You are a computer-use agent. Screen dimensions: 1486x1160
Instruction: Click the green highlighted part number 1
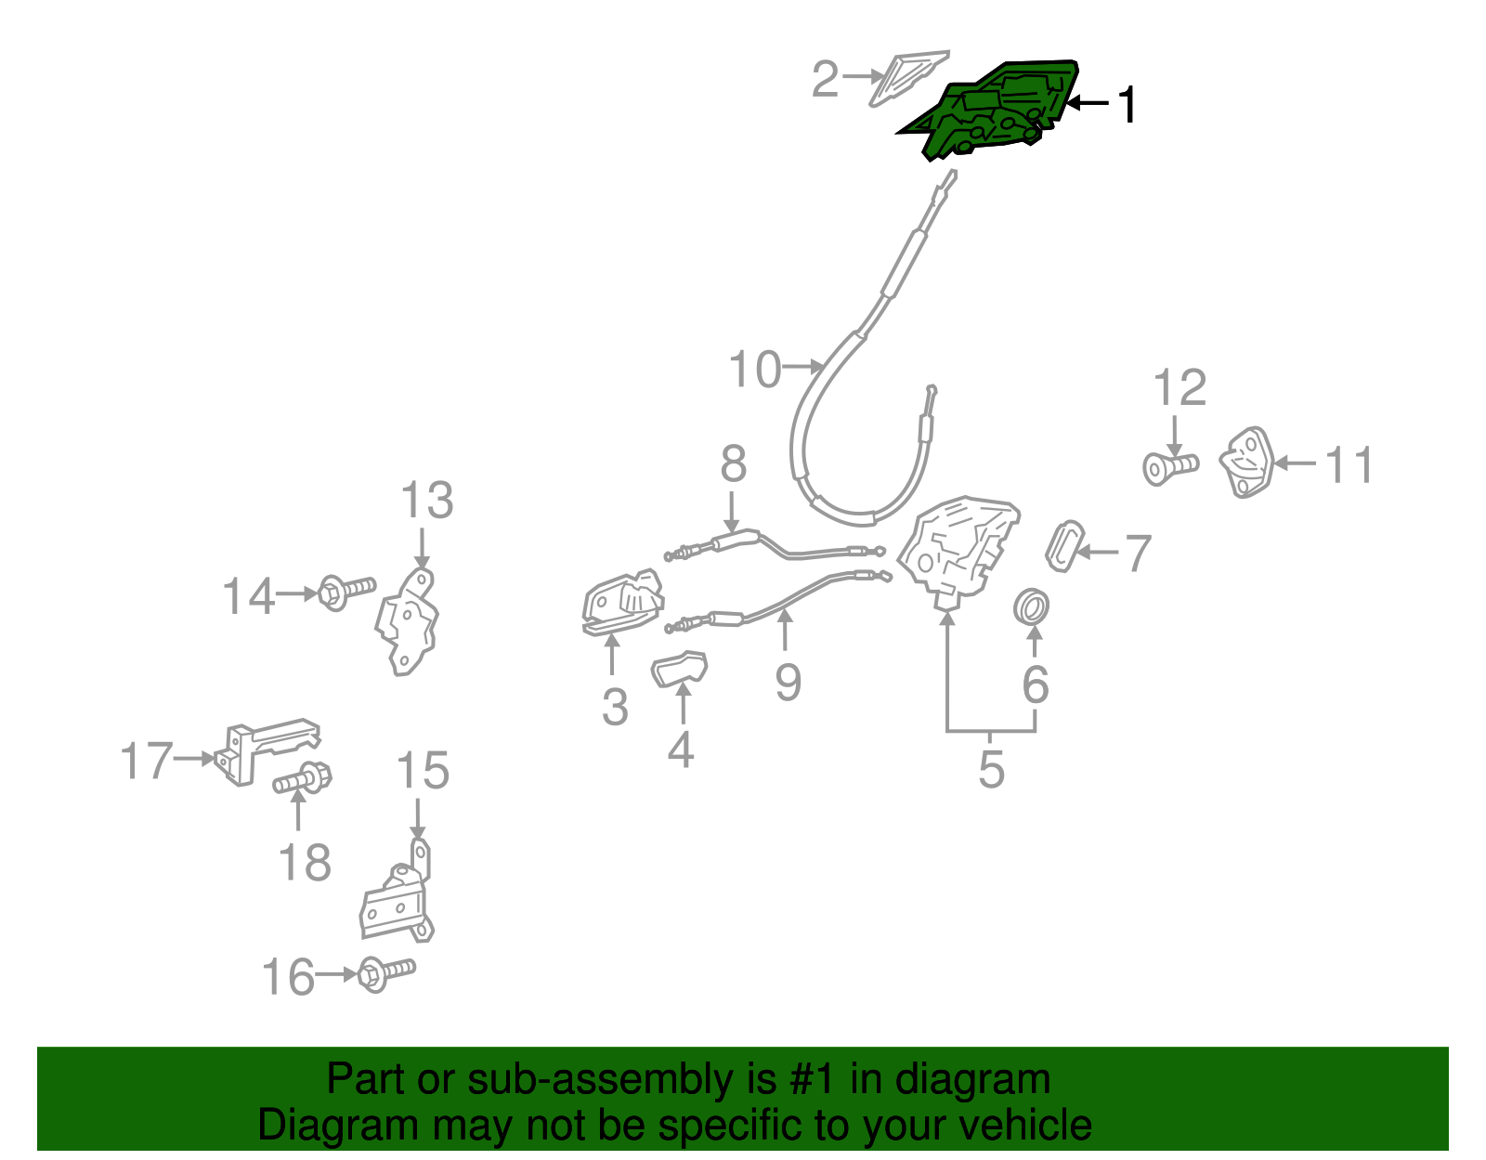coord(992,111)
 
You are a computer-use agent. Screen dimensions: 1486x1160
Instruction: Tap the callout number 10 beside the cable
coord(754,369)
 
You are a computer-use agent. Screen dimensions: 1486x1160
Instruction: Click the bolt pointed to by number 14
coord(346,592)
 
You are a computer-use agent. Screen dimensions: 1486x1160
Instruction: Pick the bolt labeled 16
coord(386,973)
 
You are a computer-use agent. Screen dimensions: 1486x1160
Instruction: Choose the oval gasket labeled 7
coord(1064,546)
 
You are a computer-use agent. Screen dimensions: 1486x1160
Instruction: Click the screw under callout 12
coord(1170,469)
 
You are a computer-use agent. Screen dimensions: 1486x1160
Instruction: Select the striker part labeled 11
coord(1246,463)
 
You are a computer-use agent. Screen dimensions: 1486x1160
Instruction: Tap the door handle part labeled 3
coord(621,603)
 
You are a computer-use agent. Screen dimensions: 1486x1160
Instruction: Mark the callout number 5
coord(992,770)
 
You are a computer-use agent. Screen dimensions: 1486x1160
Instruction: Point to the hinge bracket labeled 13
coord(408,622)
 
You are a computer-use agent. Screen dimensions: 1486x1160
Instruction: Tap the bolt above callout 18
coord(303,778)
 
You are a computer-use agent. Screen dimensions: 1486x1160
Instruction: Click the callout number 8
coord(733,463)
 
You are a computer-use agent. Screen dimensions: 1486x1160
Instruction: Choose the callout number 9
coord(788,683)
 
